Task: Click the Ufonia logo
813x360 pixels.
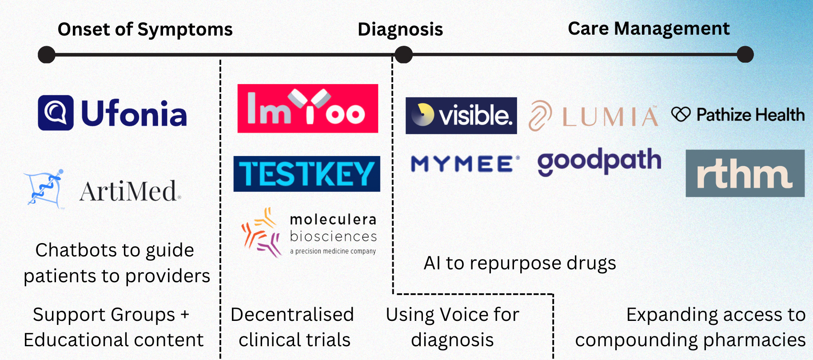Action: coord(112,113)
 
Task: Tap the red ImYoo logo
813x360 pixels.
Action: coord(308,108)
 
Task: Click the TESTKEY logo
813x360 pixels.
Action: coord(307,174)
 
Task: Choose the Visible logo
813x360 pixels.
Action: coord(461,116)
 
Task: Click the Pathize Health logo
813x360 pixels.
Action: coord(738,115)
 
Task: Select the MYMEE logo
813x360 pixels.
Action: coord(465,164)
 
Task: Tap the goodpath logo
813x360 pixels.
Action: coord(599,161)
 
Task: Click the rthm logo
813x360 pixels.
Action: coord(745,173)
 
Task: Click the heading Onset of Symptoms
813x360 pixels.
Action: coord(145,29)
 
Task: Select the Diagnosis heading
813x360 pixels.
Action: coord(400,29)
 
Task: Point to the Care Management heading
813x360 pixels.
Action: coord(649,28)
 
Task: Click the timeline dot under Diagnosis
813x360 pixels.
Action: coord(403,55)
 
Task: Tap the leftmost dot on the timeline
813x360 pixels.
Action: coord(47,55)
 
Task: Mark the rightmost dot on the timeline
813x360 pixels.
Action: coord(745,55)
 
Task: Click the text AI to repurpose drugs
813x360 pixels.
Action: coord(520,263)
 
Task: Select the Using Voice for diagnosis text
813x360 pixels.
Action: coord(452,327)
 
